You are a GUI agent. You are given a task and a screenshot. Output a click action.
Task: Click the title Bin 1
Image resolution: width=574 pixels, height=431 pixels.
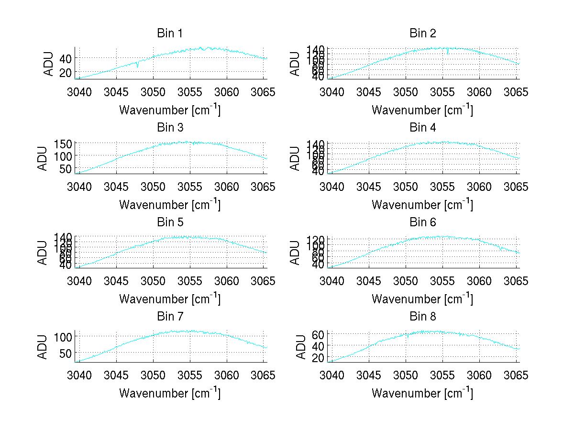[x=170, y=33]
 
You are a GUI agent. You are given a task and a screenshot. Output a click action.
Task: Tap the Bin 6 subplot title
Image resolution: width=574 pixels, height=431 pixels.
[x=422, y=222]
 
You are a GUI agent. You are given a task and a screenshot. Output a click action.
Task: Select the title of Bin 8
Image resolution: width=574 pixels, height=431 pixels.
[x=422, y=316]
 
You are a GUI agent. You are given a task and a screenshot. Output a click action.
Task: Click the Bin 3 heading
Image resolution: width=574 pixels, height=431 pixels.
[x=170, y=128]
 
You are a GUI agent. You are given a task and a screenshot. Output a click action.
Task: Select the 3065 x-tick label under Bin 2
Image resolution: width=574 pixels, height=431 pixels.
[x=517, y=92]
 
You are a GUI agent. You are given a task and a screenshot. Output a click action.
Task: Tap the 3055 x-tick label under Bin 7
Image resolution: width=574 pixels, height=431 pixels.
[x=190, y=375]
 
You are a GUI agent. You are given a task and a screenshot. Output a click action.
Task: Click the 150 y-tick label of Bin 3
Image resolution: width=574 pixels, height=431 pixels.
[x=66, y=144]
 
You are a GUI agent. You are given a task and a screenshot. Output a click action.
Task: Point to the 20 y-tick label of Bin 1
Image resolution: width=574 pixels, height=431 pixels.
[x=65, y=72]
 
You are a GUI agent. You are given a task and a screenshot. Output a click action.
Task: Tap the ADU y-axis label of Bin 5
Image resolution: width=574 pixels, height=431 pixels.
[x=43, y=253]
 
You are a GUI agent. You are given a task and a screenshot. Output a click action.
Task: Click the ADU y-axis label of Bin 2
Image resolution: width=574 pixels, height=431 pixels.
[x=295, y=64]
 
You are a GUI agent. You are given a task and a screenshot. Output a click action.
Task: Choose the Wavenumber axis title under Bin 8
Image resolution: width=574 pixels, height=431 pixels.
[x=422, y=393]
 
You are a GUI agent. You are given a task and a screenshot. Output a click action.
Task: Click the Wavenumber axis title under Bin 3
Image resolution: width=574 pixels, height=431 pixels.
[x=170, y=204]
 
